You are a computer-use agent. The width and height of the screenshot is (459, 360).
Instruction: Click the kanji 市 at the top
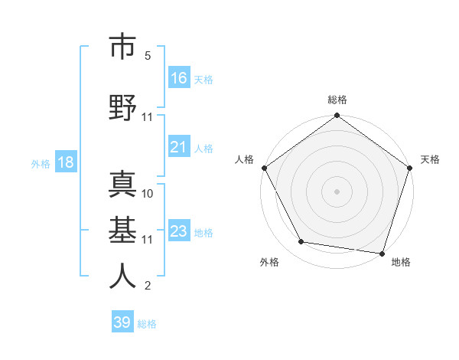coord(122,47)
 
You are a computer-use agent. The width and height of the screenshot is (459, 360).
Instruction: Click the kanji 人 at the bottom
coord(122,275)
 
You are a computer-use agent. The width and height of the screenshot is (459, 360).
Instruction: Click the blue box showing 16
coord(179,77)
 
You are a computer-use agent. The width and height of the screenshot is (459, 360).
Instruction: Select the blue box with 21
coord(179,147)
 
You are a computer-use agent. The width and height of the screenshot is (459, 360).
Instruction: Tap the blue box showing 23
coord(179,231)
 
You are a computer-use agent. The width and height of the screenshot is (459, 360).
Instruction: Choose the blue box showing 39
coord(122,322)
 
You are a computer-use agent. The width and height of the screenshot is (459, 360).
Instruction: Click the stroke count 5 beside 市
coord(148,56)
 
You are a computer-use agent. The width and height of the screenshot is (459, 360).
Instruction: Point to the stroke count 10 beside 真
coord(148,193)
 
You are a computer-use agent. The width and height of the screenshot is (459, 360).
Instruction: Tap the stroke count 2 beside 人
coord(148,286)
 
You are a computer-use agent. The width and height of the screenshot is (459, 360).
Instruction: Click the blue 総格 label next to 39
coord(147,324)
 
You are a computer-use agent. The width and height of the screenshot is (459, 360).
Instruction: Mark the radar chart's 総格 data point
coord(337,116)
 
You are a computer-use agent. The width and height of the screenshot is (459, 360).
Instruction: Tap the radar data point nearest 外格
coord(301,242)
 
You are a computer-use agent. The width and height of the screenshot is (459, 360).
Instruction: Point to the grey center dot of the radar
coord(337,191)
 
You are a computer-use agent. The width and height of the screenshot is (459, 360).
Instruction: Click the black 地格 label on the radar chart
coord(401,263)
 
